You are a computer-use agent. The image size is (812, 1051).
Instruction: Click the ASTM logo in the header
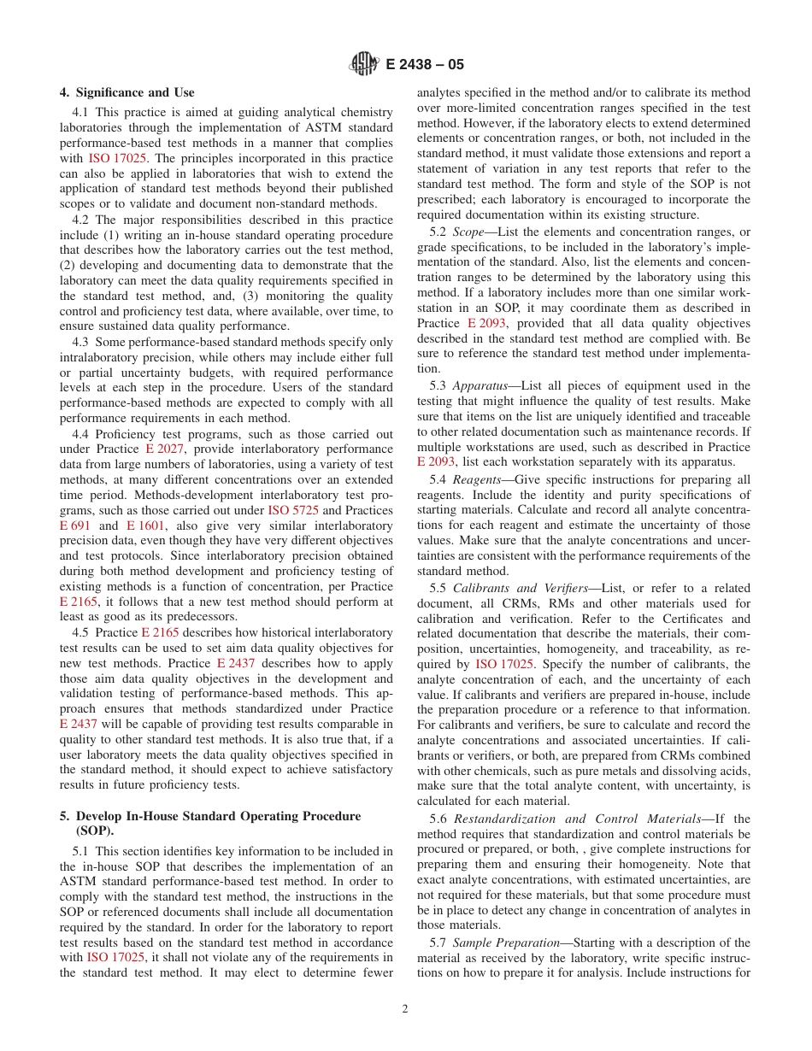pyautogui.click(x=365, y=63)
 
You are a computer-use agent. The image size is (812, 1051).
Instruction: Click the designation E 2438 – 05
pyautogui.click(x=425, y=64)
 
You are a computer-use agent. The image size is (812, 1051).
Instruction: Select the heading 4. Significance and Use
pyautogui.click(x=127, y=92)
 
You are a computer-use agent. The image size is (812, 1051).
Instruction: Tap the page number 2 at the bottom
pyautogui.click(x=405, y=1008)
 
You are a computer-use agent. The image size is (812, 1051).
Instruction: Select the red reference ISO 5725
pyautogui.click(x=290, y=510)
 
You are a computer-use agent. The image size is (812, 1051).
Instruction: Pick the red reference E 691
pyautogui.click(x=75, y=525)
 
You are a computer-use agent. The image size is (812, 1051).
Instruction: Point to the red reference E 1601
pyautogui.click(x=145, y=525)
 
